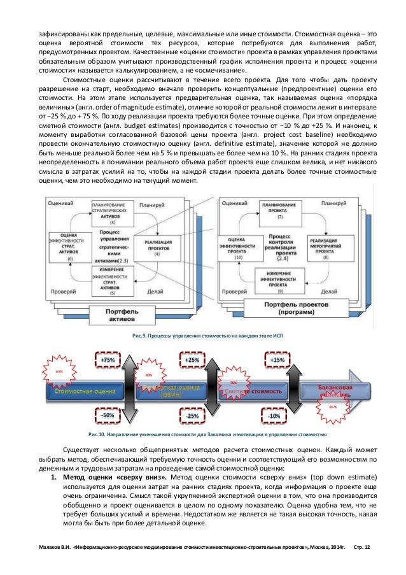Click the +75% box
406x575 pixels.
(x=108, y=360)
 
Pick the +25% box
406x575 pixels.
(x=192, y=360)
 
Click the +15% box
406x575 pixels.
(x=277, y=360)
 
